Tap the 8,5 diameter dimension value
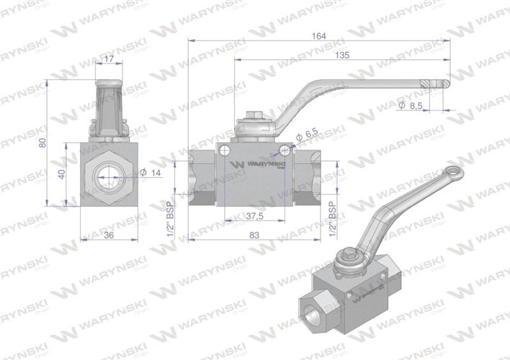click(410, 105)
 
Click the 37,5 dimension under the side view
click(251, 215)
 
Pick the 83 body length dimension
click(253, 235)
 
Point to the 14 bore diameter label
click(153, 171)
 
